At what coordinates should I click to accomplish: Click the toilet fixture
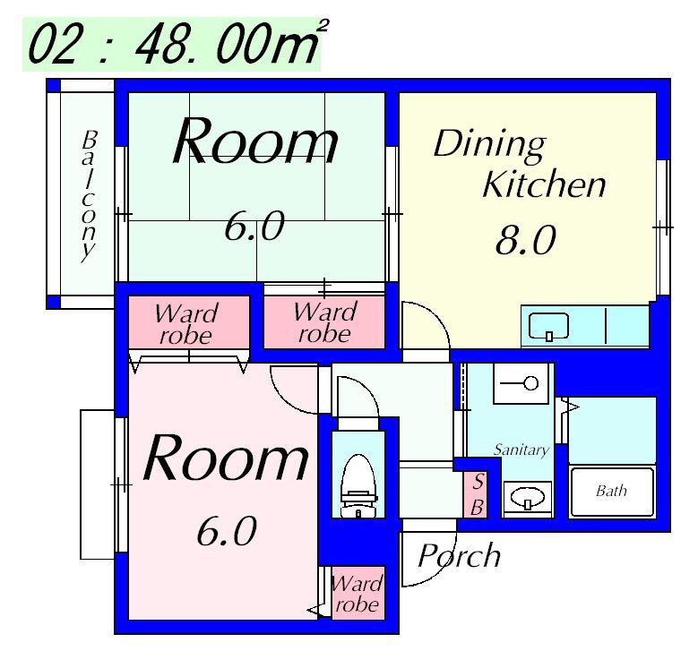(358, 486)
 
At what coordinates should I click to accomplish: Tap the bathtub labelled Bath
(612, 492)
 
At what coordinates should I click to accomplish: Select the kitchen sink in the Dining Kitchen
(548, 326)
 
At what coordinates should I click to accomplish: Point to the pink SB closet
(476, 495)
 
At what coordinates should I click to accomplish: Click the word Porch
(460, 555)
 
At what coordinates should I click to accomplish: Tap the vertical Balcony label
(89, 196)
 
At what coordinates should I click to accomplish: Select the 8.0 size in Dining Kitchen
(526, 240)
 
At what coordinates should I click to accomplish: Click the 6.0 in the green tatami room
(254, 226)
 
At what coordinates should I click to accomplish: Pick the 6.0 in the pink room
(227, 531)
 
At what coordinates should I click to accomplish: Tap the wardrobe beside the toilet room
(358, 593)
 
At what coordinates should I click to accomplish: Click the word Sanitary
(521, 450)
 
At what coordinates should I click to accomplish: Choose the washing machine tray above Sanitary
(521, 383)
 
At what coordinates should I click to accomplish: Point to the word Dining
(489, 145)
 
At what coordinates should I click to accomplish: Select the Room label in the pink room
(225, 458)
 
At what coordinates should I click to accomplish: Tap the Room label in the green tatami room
(255, 140)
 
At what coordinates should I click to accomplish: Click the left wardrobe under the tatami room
(189, 322)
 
